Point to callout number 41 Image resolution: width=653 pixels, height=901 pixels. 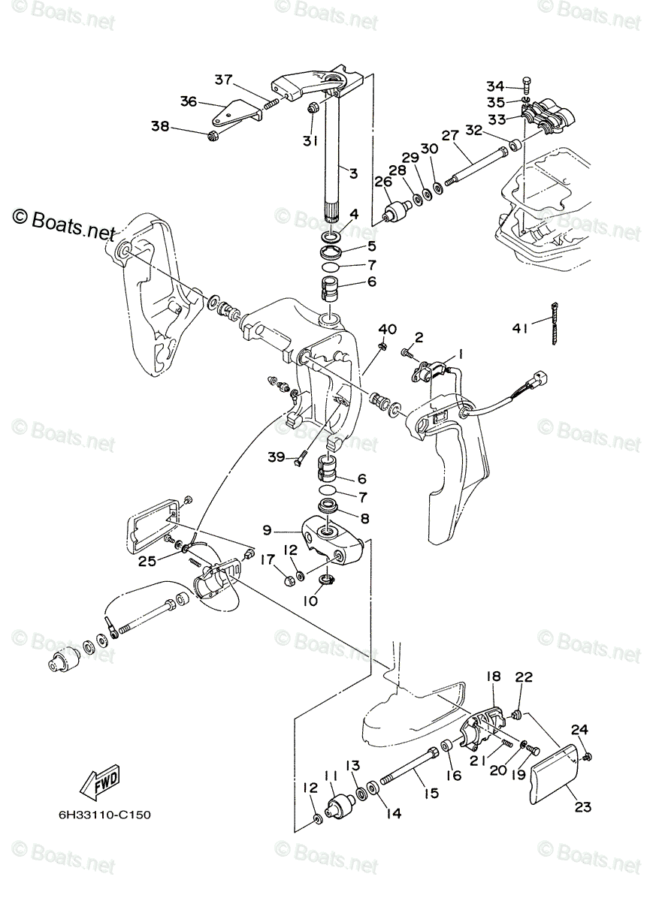point(520,327)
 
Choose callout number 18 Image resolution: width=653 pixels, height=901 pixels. point(493,677)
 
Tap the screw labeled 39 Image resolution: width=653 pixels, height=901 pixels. point(301,456)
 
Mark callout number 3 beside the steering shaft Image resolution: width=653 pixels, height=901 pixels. point(353,173)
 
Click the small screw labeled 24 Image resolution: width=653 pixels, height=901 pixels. point(588,755)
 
